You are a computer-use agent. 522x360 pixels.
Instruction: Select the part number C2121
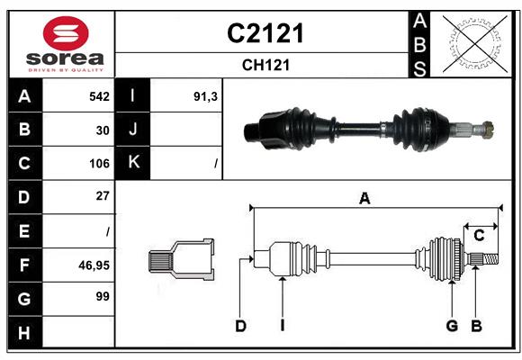click(265, 34)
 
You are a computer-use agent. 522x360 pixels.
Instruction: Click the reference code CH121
click(265, 65)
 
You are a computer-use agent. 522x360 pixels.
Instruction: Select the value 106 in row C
click(99, 164)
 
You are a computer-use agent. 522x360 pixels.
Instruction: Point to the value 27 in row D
click(103, 195)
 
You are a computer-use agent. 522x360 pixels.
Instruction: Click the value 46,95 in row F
click(94, 265)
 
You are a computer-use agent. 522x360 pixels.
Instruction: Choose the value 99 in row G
click(103, 296)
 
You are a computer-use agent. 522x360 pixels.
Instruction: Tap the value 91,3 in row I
click(206, 95)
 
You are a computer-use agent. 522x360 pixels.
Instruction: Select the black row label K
click(133, 163)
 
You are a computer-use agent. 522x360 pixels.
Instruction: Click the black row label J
click(133, 130)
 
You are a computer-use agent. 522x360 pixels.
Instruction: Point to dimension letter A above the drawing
click(364, 199)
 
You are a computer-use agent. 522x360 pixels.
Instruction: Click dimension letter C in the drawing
click(479, 236)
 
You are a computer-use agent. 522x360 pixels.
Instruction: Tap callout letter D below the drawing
click(240, 326)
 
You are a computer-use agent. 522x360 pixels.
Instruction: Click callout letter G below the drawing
click(452, 326)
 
